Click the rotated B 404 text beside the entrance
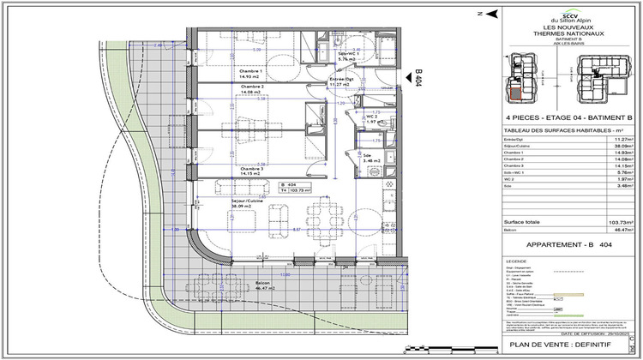418,77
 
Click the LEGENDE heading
518,261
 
